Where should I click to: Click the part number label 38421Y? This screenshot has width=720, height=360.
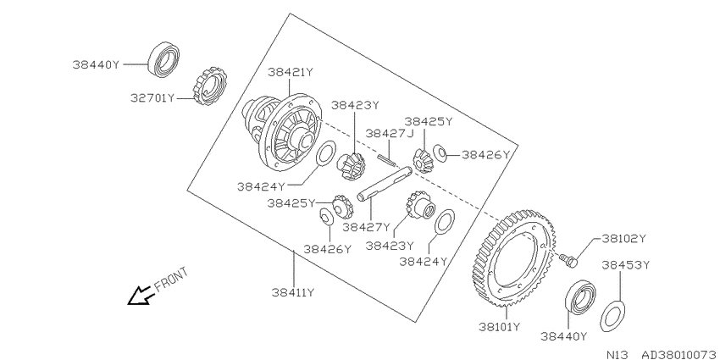291,73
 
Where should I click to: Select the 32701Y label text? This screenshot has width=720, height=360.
152,97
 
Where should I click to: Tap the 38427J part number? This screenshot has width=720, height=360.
390,133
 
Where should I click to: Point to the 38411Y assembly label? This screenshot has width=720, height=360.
293,292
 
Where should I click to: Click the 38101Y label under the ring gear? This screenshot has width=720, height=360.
500,327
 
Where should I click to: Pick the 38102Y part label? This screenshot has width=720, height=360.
624,238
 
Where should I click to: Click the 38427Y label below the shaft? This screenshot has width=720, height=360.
366,227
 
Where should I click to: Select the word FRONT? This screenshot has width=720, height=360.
171,280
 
